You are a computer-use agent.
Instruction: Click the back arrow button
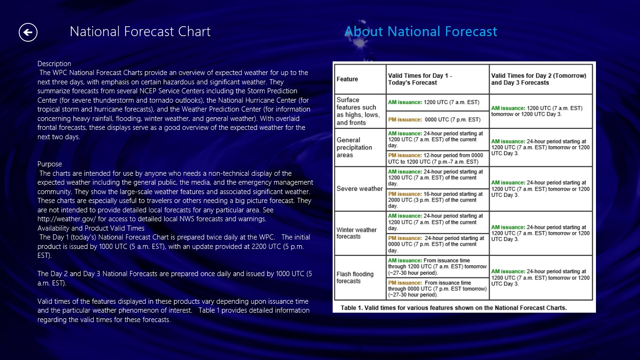28,32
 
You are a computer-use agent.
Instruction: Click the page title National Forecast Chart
140,32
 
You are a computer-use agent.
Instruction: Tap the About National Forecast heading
420,32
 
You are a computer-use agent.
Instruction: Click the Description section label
54,64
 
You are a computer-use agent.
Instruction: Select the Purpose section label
50,164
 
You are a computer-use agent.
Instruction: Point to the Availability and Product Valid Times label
91,228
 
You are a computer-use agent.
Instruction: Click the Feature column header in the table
347,79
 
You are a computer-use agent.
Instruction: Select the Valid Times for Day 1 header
420,79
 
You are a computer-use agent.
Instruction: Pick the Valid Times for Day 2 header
538,79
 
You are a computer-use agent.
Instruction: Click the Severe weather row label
359,189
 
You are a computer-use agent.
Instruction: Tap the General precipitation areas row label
354,147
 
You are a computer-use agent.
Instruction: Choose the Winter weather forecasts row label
357,233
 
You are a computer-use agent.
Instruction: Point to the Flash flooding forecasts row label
355,277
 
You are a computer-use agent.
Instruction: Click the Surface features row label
358,111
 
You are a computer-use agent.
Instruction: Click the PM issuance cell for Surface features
437,120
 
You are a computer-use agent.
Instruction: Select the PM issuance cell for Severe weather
437,200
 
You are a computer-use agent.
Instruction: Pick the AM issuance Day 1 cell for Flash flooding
437,266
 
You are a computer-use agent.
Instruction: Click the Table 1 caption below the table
454,308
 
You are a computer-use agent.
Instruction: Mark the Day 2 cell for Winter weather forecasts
540,233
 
